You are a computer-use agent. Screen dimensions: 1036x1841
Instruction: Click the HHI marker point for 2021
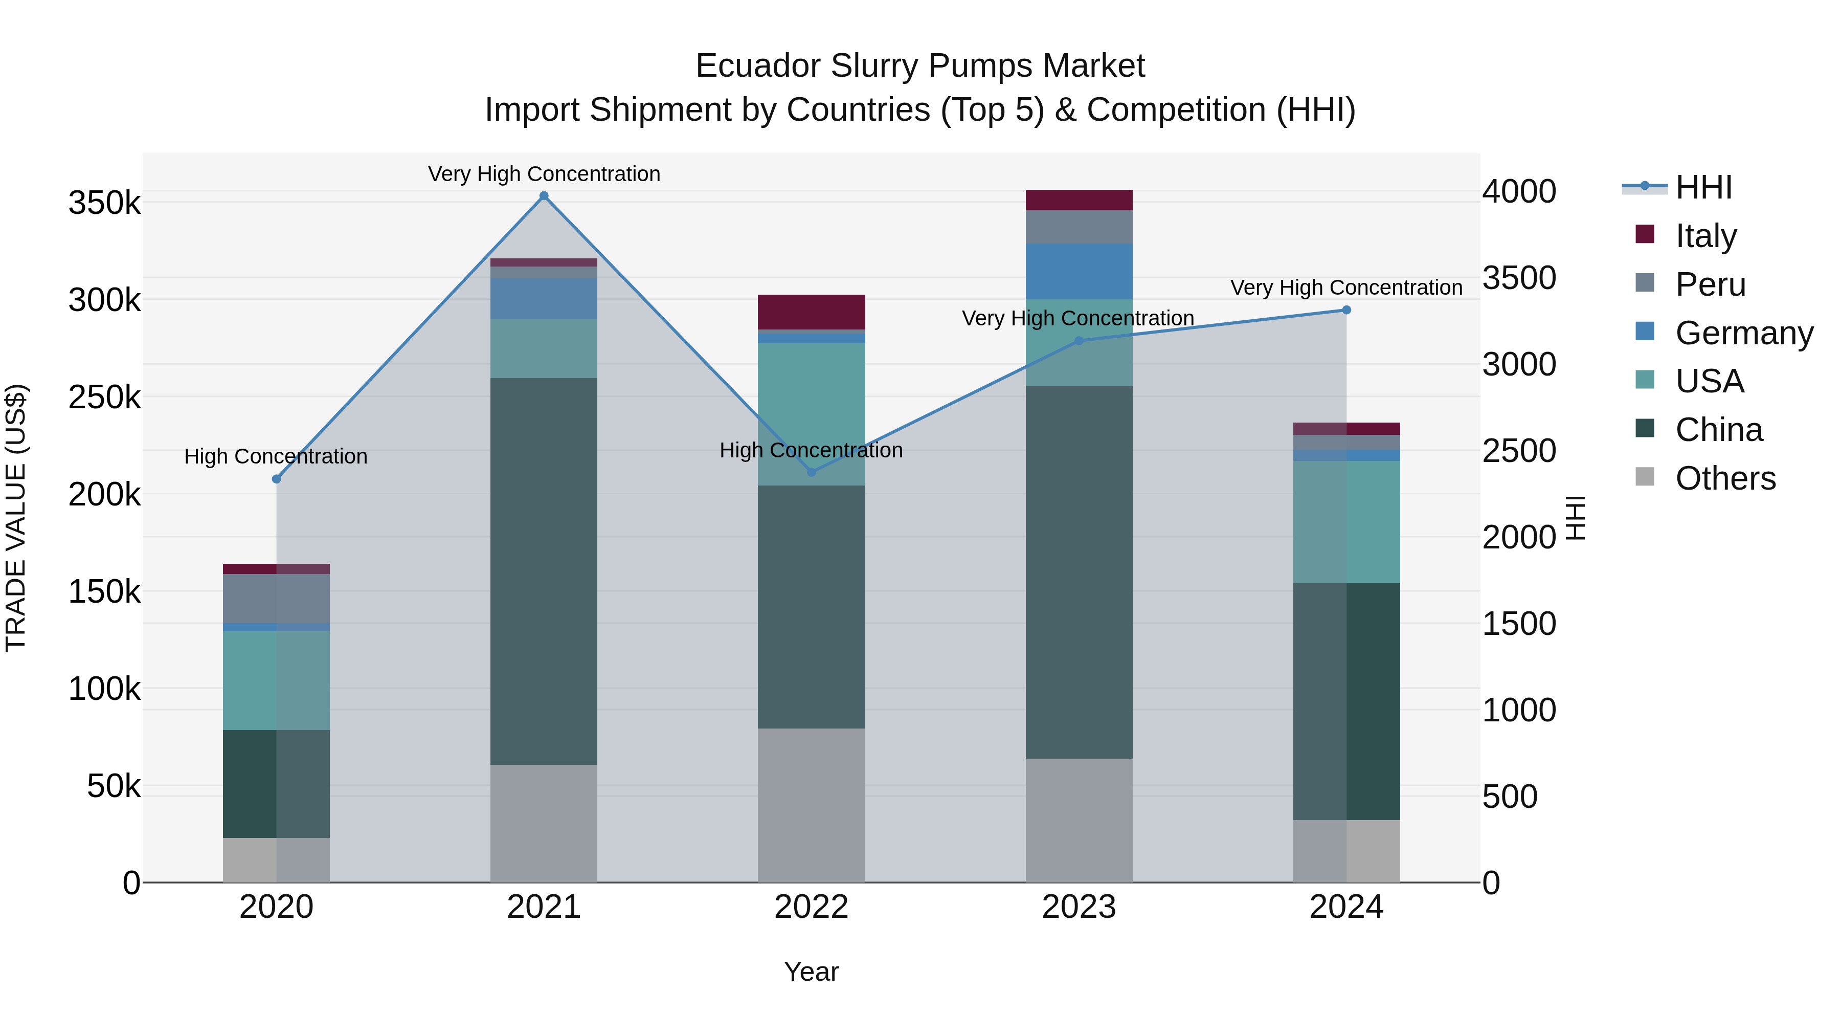click(544, 196)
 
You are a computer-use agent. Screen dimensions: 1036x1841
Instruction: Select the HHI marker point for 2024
click(1346, 311)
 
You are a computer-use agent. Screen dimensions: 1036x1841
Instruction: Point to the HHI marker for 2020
click(277, 479)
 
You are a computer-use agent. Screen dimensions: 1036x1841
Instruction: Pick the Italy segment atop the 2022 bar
click(811, 312)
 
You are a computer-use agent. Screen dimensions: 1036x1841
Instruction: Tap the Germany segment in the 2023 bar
click(1079, 271)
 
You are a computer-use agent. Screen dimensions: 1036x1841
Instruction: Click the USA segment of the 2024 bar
click(1346, 522)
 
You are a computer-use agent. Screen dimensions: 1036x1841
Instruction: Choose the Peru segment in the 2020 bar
click(277, 599)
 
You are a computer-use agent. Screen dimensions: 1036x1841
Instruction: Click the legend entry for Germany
click(1744, 333)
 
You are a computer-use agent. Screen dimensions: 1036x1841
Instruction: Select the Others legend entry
click(1725, 478)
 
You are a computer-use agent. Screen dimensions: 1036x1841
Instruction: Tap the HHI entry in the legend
click(1703, 187)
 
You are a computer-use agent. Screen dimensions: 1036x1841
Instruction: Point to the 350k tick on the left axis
click(104, 203)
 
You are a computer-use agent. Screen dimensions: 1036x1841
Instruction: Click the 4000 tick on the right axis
click(1519, 192)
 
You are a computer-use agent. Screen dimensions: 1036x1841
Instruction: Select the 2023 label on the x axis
click(1079, 907)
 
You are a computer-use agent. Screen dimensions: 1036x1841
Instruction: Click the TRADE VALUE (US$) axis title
click(16, 518)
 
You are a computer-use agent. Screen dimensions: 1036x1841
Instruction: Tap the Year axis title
click(811, 972)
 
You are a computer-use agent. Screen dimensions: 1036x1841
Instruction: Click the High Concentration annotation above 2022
click(811, 450)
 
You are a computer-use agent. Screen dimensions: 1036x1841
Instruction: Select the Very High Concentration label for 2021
click(544, 174)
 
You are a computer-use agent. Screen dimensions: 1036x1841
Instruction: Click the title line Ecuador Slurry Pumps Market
click(920, 66)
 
